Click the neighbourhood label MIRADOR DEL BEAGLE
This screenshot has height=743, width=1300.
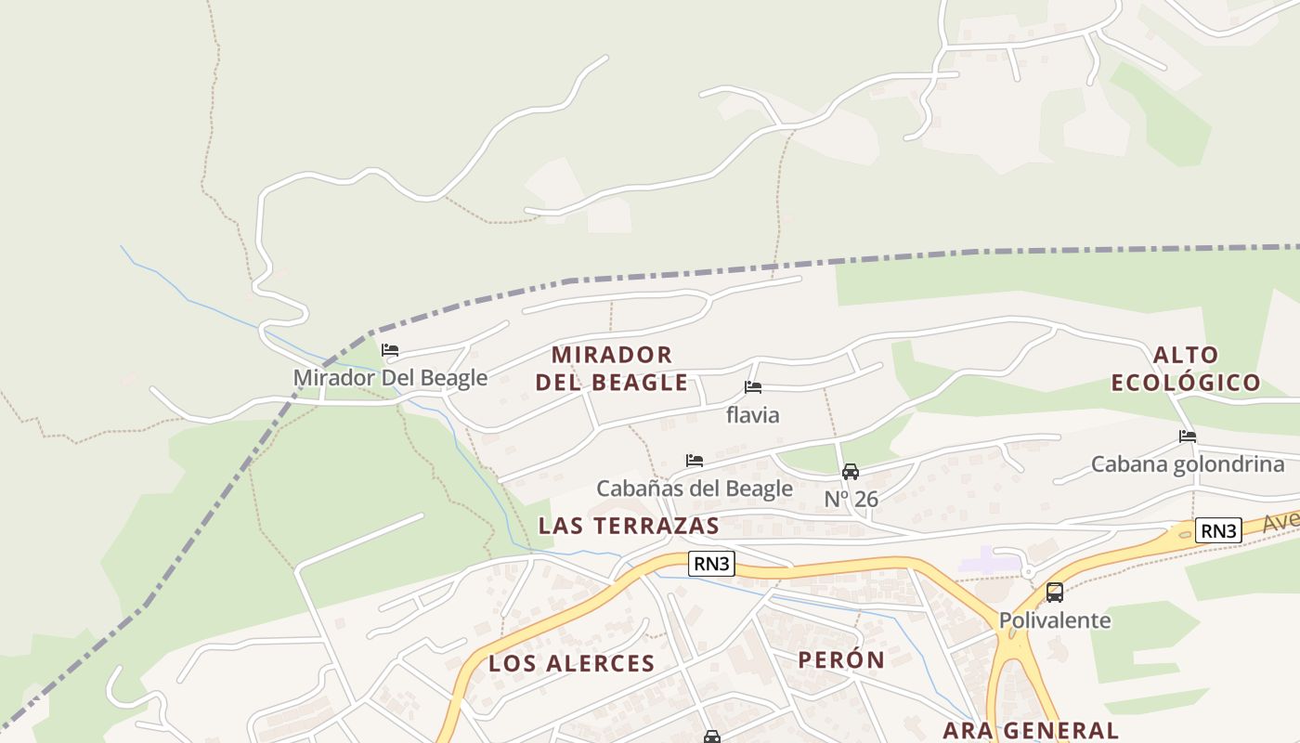pyautogui.click(x=612, y=368)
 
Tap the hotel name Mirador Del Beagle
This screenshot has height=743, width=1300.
pyautogui.click(x=390, y=378)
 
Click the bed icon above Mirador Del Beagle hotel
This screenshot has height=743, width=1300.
pyautogui.click(x=390, y=350)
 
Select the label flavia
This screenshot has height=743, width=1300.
pyautogui.click(x=752, y=415)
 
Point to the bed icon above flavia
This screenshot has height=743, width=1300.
pyautogui.click(x=753, y=387)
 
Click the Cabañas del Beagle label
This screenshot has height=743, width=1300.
pyautogui.click(x=694, y=489)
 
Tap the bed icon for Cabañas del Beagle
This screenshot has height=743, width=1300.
pyautogui.click(x=694, y=461)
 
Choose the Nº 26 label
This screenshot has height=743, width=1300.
pyautogui.click(x=851, y=499)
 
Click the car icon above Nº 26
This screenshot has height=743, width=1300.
pyautogui.click(x=850, y=471)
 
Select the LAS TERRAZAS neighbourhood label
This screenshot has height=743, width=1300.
pyautogui.click(x=629, y=526)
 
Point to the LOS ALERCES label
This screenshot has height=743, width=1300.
pyautogui.click(x=572, y=663)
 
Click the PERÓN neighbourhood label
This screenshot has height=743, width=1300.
pyautogui.click(x=841, y=659)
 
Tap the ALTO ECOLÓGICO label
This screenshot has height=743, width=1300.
pyautogui.click(x=1186, y=368)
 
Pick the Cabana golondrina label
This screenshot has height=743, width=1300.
pyautogui.click(x=1188, y=464)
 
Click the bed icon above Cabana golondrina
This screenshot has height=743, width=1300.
pyautogui.click(x=1188, y=437)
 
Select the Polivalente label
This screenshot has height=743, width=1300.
pyautogui.click(x=1054, y=620)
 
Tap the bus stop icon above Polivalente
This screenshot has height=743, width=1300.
pyautogui.click(x=1054, y=593)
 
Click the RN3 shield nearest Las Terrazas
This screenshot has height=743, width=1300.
pyautogui.click(x=712, y=564)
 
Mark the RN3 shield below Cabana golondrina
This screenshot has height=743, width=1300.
pyautogui.click(x=1218, y=530)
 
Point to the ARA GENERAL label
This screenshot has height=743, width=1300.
pyautogui.click(x=1031, y=730)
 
